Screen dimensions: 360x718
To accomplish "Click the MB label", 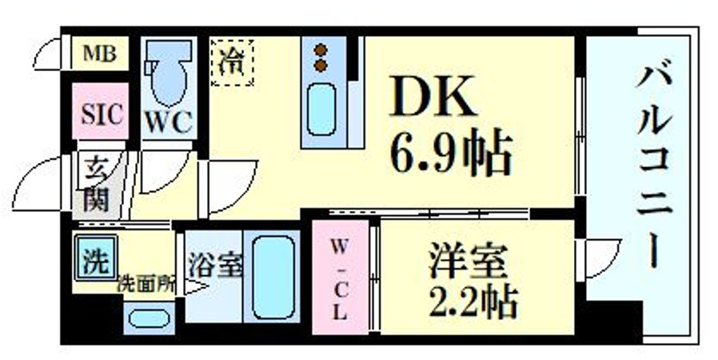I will coord(100,54).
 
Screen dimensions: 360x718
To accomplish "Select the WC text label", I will coord(168,122).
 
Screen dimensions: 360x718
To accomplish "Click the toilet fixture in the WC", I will coord(168,76).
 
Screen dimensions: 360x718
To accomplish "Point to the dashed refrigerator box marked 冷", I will coord(232,62).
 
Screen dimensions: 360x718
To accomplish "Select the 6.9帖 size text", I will coord(450,154).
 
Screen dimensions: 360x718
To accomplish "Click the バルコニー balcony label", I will coord(654,168).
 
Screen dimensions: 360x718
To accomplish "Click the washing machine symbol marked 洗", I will coord(96,258).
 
